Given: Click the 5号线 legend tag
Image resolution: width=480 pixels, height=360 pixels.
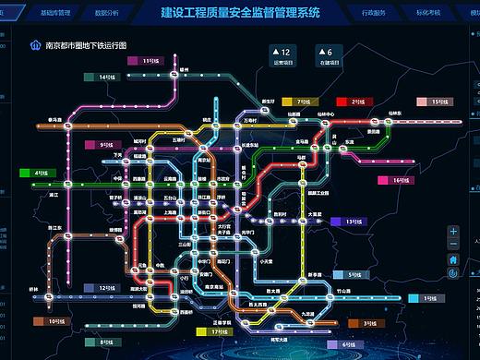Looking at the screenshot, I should (351, 275).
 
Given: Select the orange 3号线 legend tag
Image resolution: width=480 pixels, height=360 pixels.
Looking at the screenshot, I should (366, 324).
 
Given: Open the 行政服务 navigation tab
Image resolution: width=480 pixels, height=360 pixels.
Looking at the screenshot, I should (374, 15).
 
